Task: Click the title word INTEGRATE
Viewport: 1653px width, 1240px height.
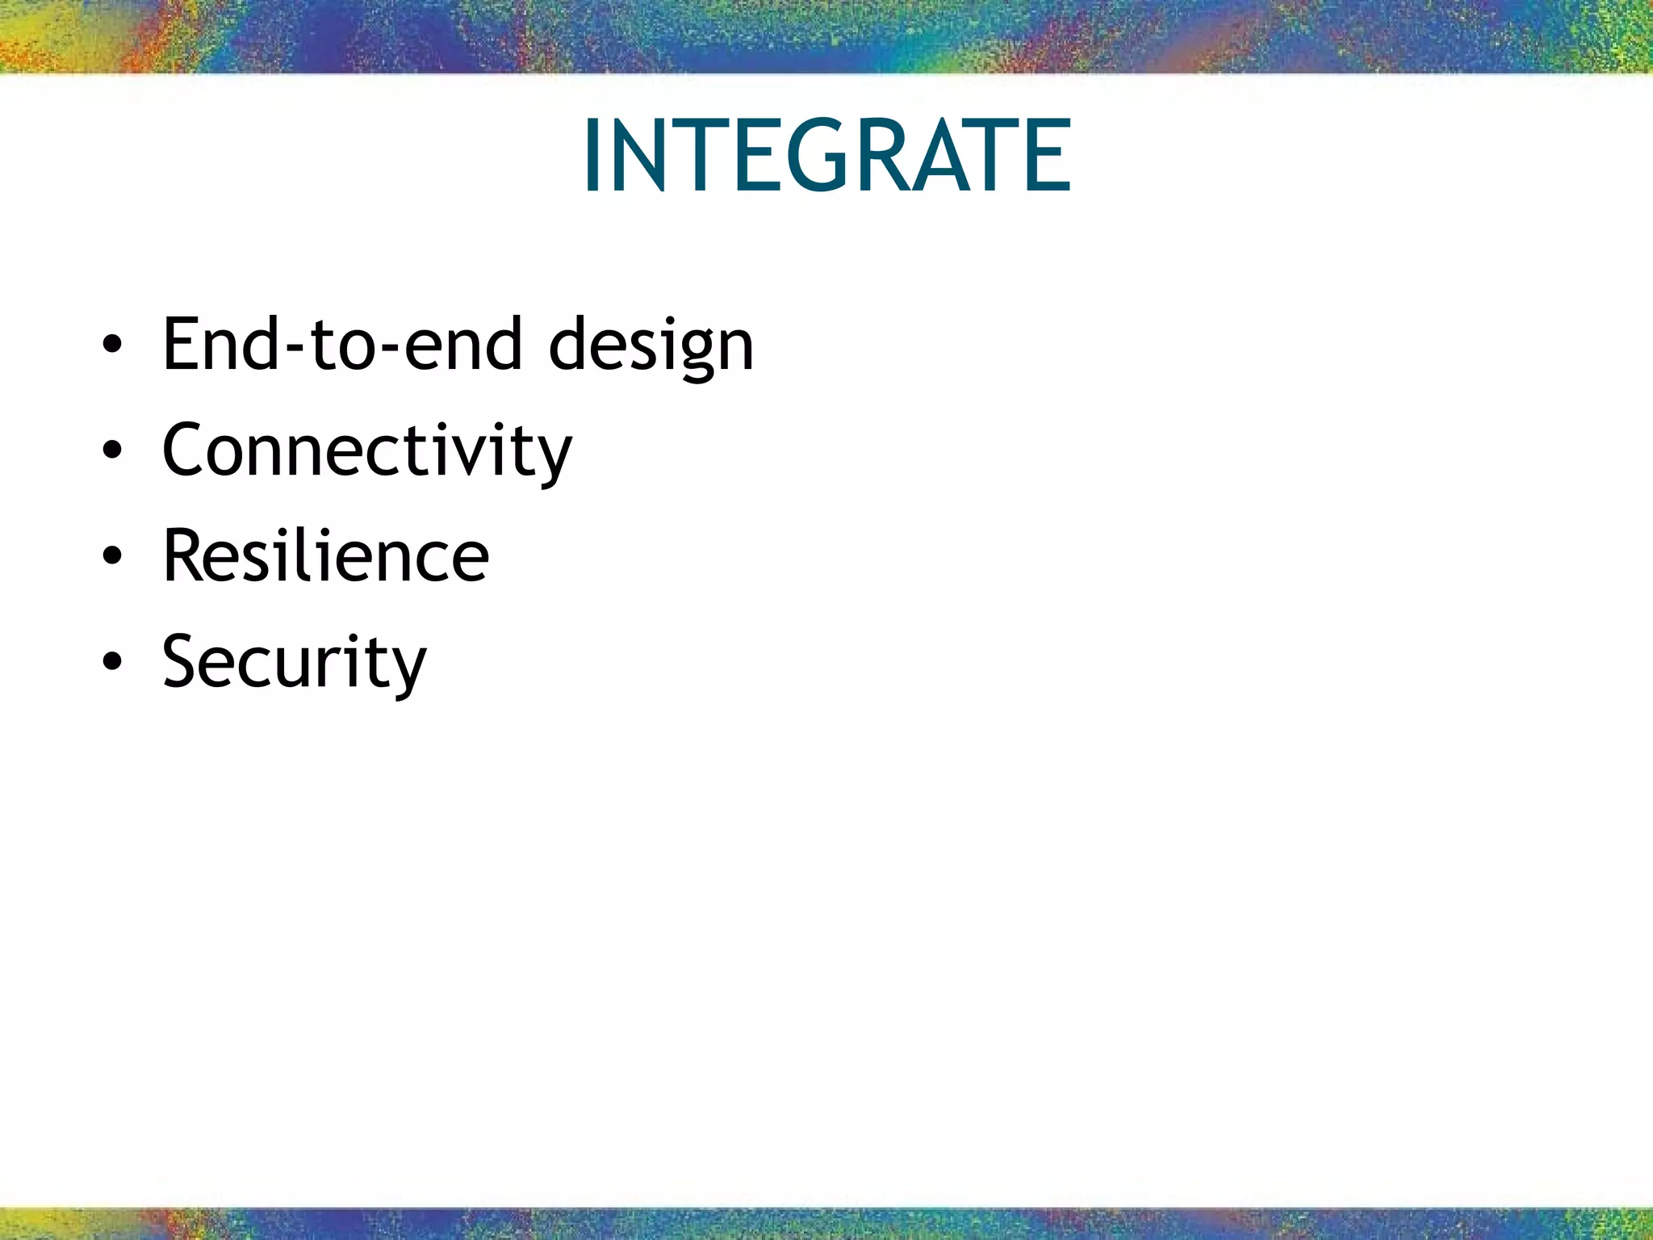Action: tap(826, 155)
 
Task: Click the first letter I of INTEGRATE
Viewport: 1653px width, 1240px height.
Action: tap(592, 155)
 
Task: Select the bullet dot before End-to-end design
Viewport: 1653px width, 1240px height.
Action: tap(112, 345)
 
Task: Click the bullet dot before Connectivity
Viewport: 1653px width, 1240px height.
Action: tap(112, 450)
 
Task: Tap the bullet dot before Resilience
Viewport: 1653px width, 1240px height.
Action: tap(112, 556)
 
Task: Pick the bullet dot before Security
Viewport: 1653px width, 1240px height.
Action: tap(112, 662)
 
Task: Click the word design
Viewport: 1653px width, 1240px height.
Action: tap(651, 345)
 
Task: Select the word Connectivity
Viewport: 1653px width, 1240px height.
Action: tap(366, 450)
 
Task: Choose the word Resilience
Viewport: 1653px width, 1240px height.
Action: tap(325, 556)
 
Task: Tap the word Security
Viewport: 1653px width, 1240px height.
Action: tap(294, 662)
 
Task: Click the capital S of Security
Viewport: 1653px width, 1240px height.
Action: tap(184, 662)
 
